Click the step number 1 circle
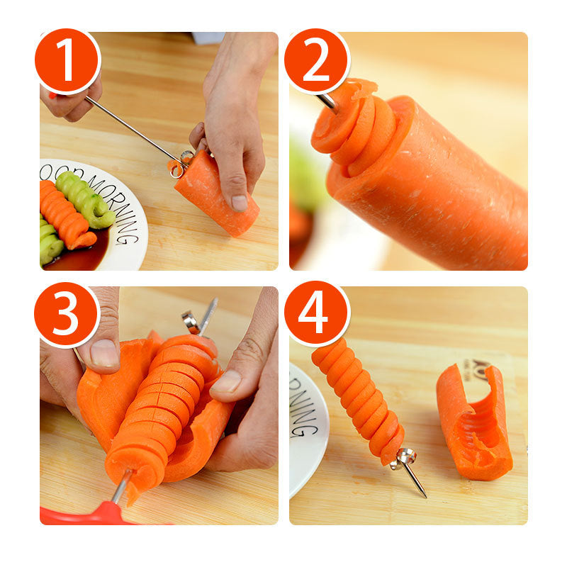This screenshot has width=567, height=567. pyautogui.click(x=67, y=61)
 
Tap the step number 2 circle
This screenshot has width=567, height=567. pyautogui.click(x=317, y=61)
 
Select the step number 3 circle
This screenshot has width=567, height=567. pyautogui.click(x=67, y=315)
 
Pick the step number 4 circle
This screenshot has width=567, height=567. pyautogui.click(x=317, y=313)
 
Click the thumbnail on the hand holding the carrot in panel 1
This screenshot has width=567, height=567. pyautogui.click(x=240, y=203)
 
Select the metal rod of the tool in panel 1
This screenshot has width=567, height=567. pyautogui.click(x=135, y=128)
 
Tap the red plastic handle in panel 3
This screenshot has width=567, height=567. pyautogui.click(x=106, y=513)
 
